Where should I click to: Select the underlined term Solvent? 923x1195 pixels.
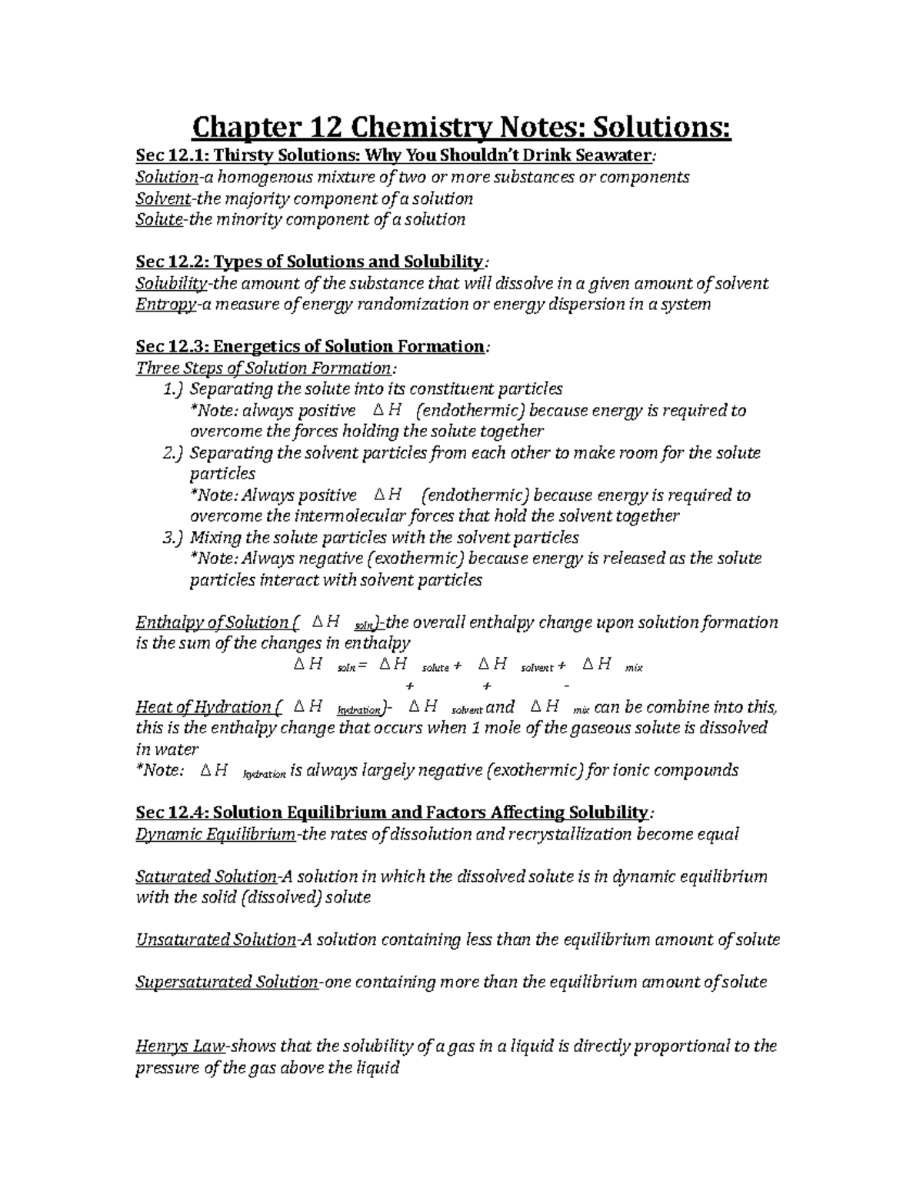(x=162, y=199)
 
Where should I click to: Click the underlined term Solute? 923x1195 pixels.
(x=159, y=219)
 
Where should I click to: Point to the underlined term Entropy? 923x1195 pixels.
(x=165, y=304)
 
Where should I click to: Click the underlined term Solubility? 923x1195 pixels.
(x=170, y=283)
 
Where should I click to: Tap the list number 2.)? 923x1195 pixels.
(x=173, y=453)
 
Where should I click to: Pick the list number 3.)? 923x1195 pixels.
(x=173, y=537)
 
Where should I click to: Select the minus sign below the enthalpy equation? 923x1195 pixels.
(x=567, y=685)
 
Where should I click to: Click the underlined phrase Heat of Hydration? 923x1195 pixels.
(x=203, y=706)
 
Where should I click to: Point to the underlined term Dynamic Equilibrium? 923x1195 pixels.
(x=215, y=834)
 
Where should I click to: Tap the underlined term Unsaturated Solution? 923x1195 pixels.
(x=215, y=940)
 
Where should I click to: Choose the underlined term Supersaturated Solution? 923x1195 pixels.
(x=226, y=982)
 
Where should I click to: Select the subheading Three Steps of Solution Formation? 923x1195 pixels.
(x=263, y=368)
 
